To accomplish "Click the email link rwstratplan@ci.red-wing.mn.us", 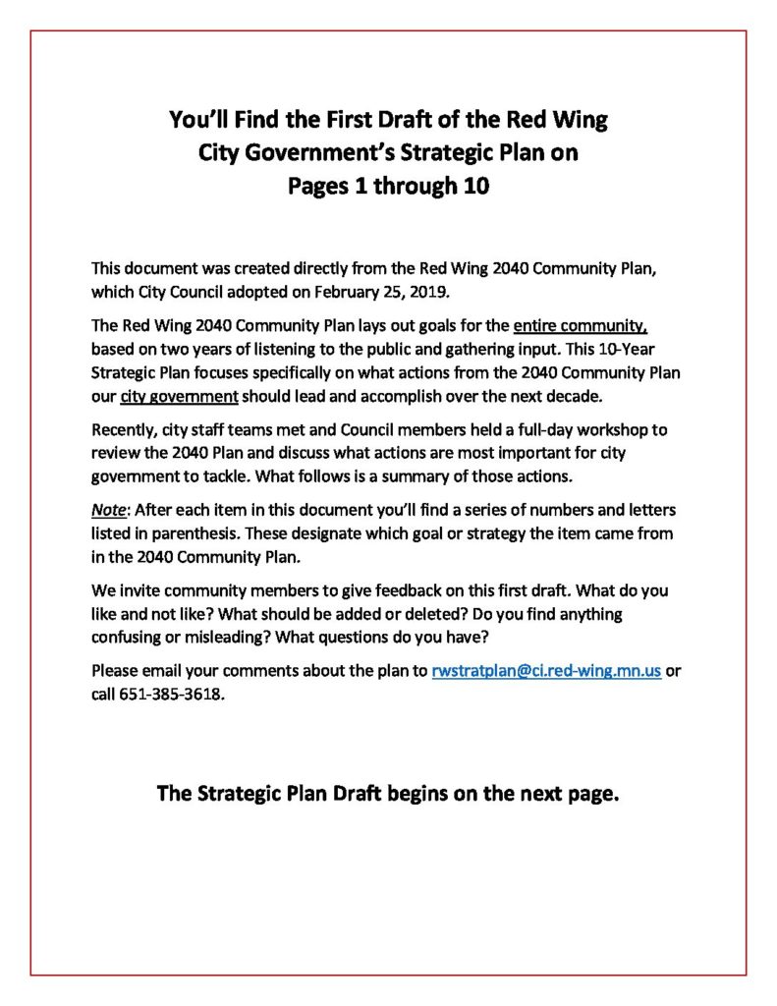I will [x=545, y=672].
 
